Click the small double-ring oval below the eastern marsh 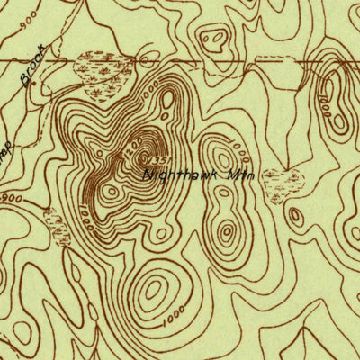[296, 216]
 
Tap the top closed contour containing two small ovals [214, 40]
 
